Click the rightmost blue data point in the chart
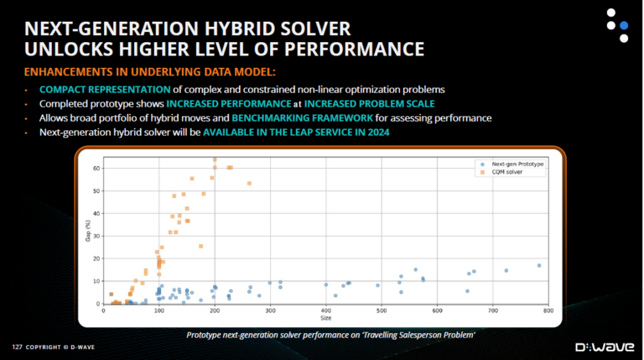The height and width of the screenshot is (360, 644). coord(539,265)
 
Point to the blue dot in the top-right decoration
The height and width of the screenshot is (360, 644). coord(622,25)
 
